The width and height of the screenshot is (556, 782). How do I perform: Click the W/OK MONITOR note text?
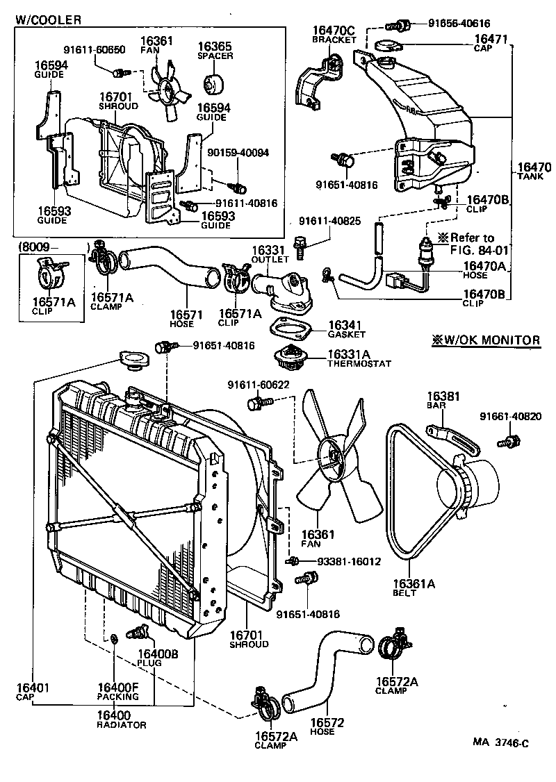point(485,340)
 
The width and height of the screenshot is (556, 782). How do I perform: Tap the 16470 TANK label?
point(534,171)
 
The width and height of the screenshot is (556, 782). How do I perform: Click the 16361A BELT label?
point(413,588)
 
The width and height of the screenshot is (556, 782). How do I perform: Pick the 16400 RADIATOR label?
point(121,719)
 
